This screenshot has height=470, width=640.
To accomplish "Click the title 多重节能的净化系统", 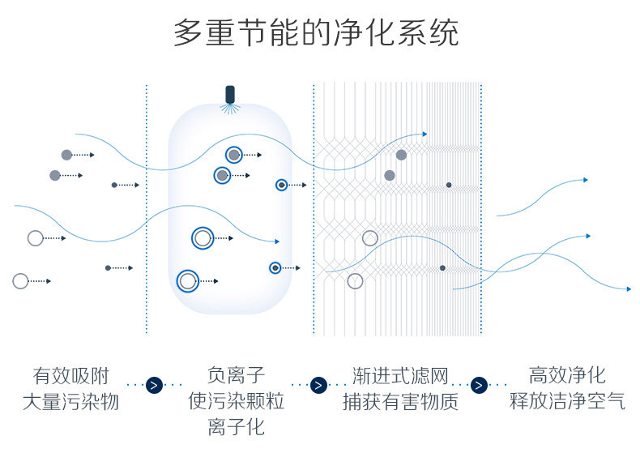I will pos(316,33).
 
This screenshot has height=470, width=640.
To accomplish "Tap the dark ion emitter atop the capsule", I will pos(230,95).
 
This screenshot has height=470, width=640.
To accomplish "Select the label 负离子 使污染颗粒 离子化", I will pos(236,400).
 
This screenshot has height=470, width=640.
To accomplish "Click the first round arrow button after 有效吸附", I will pos(154,385).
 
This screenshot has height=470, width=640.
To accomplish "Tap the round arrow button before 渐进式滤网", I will pos(319,385).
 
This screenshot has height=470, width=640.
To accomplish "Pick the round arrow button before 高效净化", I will pos(479,385).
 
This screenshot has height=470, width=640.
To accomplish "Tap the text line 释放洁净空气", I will pos(567,400).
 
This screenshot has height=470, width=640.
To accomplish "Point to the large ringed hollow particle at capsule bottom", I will pos(188,281).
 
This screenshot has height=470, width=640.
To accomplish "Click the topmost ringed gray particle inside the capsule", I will pos(233,154).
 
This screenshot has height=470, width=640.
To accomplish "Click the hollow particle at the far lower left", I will pos(20,281).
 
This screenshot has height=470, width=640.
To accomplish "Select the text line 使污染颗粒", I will pos(236,401).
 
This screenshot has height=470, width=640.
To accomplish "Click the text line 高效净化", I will pos(567,374).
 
